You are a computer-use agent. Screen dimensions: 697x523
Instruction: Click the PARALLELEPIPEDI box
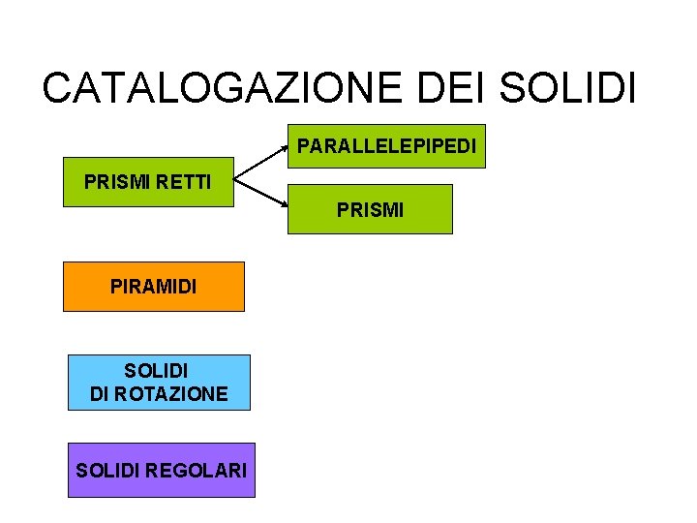click(387, 146)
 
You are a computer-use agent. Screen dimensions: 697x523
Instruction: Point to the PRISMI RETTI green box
click(148, 182)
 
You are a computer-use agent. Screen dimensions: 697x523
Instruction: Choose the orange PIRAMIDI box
click(154, 287)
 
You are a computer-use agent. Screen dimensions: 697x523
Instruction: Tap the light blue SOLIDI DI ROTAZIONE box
click(159, 383)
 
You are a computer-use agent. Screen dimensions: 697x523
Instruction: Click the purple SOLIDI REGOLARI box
click(162, 471)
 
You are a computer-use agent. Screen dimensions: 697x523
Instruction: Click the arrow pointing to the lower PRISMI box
click(261, 195)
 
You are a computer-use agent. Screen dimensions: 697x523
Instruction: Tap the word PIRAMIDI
click(154, 287)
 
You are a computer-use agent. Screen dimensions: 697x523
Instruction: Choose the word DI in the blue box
click(100, 393)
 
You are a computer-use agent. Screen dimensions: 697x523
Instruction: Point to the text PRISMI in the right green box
click(371, 209)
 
